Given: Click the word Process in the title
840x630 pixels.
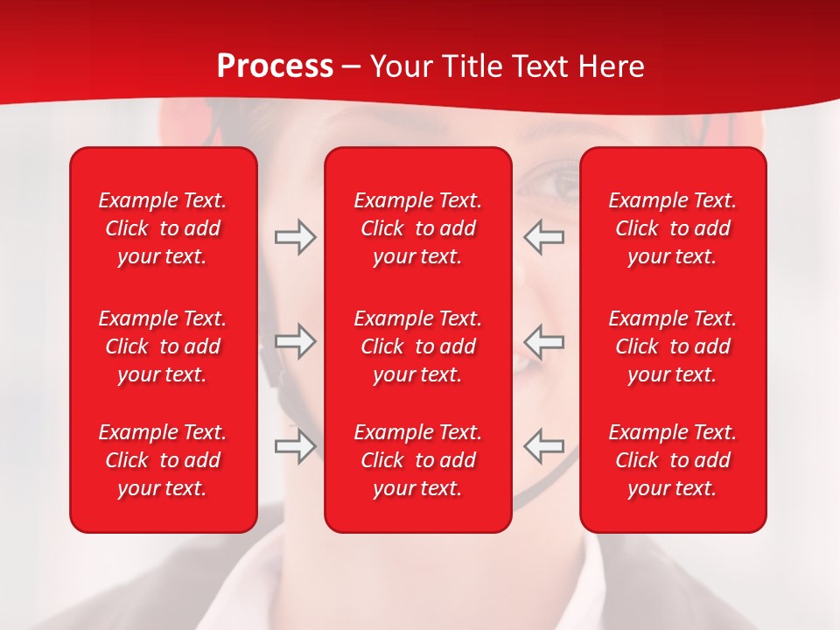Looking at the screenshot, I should pos(275,66).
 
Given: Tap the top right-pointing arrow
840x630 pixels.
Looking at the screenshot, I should pos(296,237).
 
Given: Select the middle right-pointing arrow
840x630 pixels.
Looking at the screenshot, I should pos(296,341).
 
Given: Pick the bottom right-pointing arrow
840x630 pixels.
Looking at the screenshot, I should pos(296,446).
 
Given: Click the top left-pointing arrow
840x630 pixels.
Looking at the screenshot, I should pos(543,237).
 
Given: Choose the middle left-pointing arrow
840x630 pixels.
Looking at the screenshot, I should pos(543,341).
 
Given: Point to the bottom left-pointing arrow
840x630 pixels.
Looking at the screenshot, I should pos(543,446).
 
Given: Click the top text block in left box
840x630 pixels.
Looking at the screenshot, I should pos(163,228).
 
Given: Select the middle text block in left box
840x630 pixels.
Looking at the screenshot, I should pos(163,346).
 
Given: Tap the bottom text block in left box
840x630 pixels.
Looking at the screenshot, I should pos(163,460).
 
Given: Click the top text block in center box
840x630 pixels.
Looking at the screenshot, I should pos(418,228).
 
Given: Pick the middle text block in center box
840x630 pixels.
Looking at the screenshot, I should pos(418,346).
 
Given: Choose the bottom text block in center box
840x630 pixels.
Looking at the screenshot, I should pos(418,460).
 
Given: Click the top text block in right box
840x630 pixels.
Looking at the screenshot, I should pos(673,228).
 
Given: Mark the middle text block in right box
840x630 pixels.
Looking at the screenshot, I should pos(673,346).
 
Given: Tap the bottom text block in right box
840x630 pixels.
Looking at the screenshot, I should pos(673,460).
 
